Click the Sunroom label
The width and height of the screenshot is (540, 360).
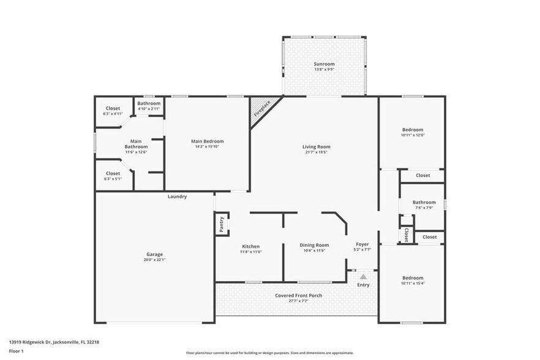(323, 64)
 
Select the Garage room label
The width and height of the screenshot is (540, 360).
(154, 254)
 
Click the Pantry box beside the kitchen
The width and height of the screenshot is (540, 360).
(222, 224)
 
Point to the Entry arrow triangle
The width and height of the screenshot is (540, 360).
(363, 277)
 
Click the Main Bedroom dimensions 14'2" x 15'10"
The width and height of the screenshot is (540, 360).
(208, 147)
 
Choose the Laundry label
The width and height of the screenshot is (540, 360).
(177, 197)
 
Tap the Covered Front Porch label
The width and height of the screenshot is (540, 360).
(298, 296)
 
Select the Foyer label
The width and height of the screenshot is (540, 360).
(362, 244)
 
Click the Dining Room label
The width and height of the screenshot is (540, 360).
(314, 245)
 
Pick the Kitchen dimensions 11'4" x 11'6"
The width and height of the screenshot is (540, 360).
(251, 250)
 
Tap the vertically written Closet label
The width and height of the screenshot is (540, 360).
(406, 234)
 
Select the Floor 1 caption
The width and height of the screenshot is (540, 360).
(16, 351)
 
